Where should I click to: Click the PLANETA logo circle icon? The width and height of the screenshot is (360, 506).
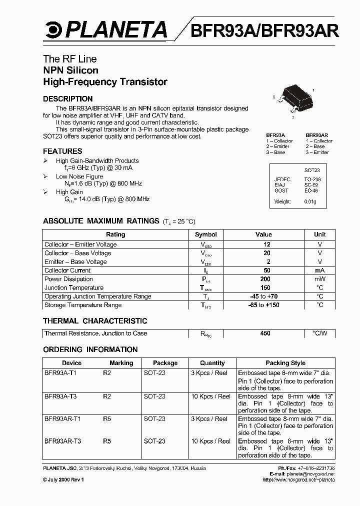click(x=51, y=30)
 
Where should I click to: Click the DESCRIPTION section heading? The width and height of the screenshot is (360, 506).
click(x=67, y=99)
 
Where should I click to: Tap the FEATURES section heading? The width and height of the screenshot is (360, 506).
click(x=62, y=151)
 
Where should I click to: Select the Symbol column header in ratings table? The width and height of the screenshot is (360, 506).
click(x=206, y=234)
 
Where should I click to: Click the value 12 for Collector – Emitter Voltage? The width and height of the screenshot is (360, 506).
click(x=266, y=244)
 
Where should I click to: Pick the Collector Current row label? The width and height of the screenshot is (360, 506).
click(x=67, y=270)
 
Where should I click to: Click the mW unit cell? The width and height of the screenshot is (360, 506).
click(x=320, y=279)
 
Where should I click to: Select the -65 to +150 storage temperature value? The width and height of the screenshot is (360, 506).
click(x=264, y=305)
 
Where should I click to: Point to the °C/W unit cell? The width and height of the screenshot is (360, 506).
click(x=320, y=333)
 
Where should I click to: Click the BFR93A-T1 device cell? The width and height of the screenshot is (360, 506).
click(x=60, y=373)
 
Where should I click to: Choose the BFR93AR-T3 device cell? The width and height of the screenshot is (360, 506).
click(x=62, y=441)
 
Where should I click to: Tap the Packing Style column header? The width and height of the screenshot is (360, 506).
click(x=285, y=363)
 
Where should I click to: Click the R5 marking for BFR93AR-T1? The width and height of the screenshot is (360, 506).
click(x=107, y=419)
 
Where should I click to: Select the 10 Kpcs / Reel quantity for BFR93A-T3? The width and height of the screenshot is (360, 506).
click(x=210, y=396)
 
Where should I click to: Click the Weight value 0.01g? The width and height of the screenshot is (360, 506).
click(x=310, y=201)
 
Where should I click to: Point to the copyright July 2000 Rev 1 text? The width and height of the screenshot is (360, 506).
click(x=63, y=479)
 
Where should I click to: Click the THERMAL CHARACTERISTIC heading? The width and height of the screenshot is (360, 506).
click(x=95, y=321)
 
